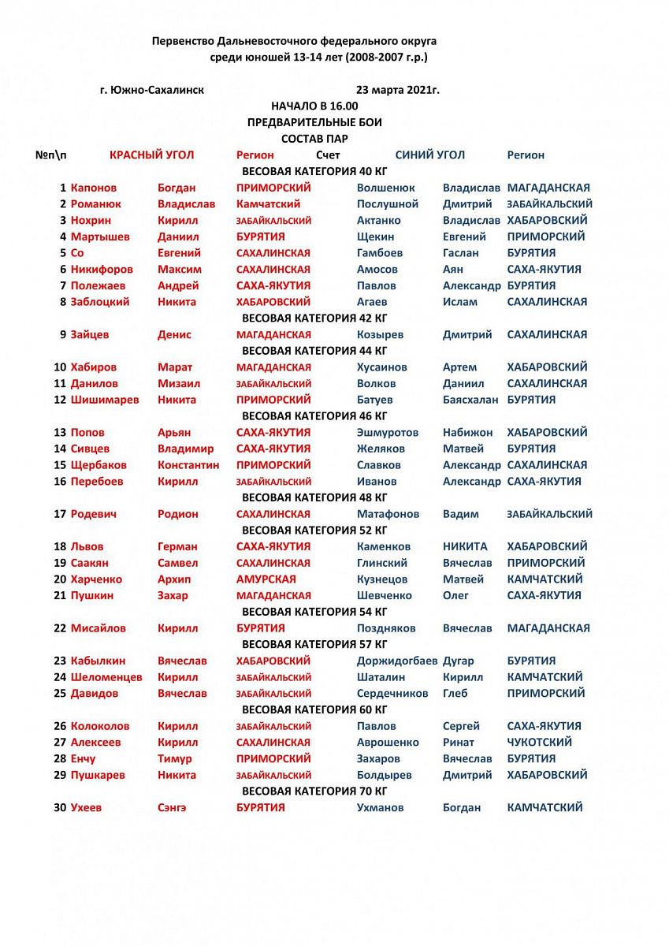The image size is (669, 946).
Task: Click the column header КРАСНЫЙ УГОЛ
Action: pos(151,155)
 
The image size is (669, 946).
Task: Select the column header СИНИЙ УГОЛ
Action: pos(429,155)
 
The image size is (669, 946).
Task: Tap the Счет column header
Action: pos(328,155)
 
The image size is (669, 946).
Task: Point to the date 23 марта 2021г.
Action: pos(398,90)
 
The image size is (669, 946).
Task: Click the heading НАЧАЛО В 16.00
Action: pos(314,106)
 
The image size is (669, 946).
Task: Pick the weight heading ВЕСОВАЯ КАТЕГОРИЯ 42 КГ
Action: pos(314,318)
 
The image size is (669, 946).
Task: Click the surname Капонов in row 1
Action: pos(94,188)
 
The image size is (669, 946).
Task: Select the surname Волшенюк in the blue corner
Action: pos(386,188)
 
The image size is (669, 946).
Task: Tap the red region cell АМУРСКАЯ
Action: pos(266,579)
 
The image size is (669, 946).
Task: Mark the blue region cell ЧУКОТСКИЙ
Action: pos(540,743)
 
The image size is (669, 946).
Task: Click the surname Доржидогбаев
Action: pos(397,661)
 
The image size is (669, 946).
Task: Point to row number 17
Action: pos(60,514)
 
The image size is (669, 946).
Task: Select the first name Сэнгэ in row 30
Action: pos(173,807)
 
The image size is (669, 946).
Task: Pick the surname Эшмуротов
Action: pos(388,433)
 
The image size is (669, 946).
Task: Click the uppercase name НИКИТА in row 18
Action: pos(465,546)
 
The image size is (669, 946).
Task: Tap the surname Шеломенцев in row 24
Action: pos(107,677)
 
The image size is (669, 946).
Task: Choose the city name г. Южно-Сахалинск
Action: pos(152,90)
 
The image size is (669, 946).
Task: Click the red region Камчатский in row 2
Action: pos(269,204)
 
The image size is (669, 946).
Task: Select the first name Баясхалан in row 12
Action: pos(470,400)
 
